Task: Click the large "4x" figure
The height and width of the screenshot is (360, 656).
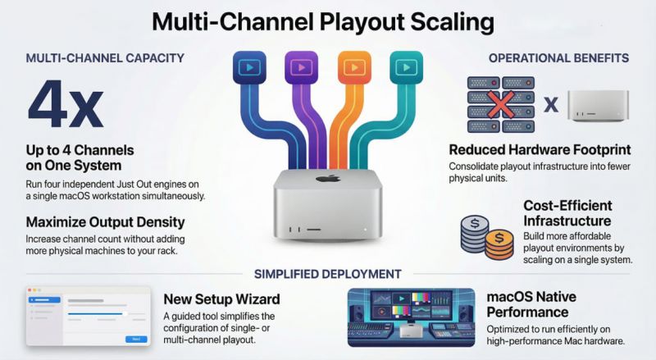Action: pos(66,104)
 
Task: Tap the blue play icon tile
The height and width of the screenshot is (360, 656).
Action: pos(249,67)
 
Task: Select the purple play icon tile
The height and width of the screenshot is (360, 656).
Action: pos(301,67)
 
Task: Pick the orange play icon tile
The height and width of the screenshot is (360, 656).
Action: pos(354,67)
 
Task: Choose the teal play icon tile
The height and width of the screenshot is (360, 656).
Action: pos(406,67)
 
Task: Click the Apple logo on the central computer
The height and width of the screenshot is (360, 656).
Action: pos(328,178)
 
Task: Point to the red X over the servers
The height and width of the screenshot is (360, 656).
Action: pos(501,104)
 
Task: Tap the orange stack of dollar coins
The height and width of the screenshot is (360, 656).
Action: pos(499,244)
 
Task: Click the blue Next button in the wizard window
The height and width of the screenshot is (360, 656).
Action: pos(136,339)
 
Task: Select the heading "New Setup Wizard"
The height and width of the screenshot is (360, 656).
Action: pos(221,299)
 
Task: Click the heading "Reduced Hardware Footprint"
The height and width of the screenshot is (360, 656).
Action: pos(540,149)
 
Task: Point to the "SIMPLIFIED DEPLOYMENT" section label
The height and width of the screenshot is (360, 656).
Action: pos(328,274)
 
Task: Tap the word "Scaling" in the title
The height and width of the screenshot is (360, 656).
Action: pos(453,22)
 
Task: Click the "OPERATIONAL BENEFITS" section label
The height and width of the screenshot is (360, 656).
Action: pos(558,57)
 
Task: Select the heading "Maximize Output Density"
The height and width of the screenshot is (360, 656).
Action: pos(106,222)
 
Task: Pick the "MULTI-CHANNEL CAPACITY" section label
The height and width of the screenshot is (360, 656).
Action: pos(105,57)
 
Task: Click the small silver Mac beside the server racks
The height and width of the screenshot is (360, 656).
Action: pos(598,106)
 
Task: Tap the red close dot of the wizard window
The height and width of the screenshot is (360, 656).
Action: pos(30,290)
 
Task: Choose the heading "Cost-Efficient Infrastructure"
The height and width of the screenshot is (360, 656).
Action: pos(567,213)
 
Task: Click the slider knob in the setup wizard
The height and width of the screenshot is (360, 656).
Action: pos(125,313)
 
